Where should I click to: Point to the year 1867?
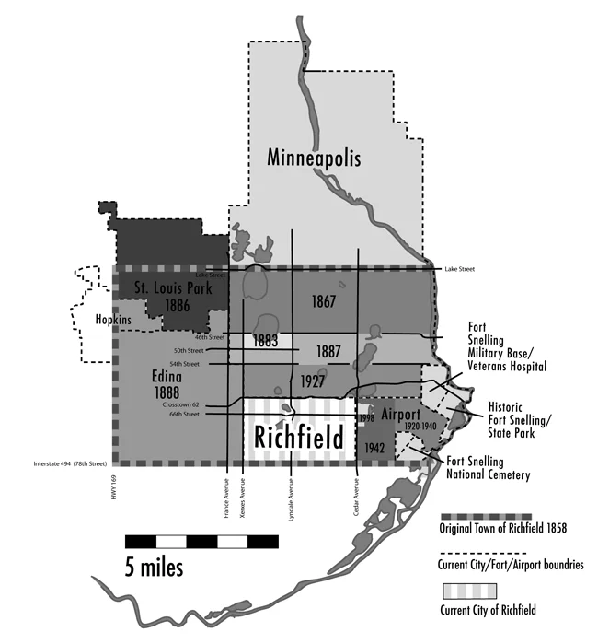(323, 301)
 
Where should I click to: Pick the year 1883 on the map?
(265, 341)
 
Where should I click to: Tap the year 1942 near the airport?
(374, 448)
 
